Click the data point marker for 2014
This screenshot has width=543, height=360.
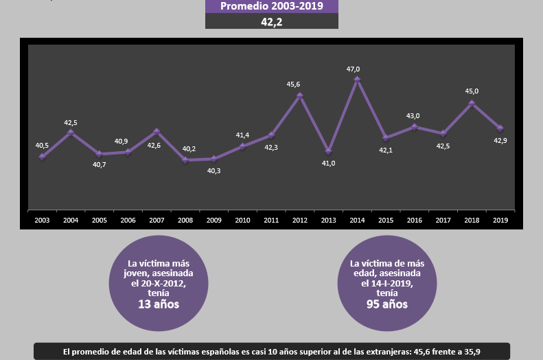[x=357, y=80]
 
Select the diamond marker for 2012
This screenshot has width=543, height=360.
[x=300, y=95]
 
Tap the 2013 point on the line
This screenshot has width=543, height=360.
[x=329, y=151]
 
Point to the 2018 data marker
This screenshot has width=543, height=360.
[x=472, y=104]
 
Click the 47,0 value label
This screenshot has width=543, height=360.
[x=354, y=69]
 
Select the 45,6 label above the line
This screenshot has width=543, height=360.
[x=293, y=85]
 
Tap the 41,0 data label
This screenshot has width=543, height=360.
[x=328, y=164]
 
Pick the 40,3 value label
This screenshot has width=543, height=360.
[x=213, y=171]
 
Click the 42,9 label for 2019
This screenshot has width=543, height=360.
[x=500, y=141]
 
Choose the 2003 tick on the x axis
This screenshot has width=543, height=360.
[x=42, y=220]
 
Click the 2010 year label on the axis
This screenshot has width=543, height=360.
[x=242, y=220]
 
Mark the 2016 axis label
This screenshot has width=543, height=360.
[x=414, y=220]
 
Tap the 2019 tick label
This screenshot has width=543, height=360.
[x=500, y=220]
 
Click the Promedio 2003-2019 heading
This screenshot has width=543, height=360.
[x=272, y=6]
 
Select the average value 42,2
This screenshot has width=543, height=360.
[x=272, y=22]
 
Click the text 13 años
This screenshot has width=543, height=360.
[x=159, y=304]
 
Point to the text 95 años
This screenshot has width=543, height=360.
[x=387, y=304]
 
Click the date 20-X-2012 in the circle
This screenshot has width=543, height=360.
[x=163, y=284]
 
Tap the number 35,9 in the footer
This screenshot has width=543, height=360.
[x=472, y=352]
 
